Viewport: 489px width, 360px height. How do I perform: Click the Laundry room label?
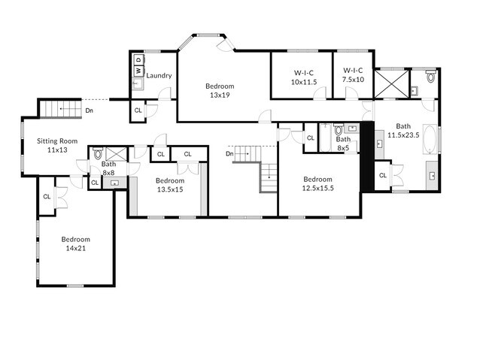coord(159,75)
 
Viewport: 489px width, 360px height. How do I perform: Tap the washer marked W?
coord(138,71)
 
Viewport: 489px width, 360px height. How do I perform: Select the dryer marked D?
coord(138,59)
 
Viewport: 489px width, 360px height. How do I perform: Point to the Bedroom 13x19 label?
coord(220,91)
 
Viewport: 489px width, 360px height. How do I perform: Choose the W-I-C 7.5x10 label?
coord(353,76)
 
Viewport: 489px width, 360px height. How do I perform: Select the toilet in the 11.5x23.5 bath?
coord(431,76)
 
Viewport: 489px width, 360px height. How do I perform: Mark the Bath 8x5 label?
coord(343,144)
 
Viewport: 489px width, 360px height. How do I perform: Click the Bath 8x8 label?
coord(109,168)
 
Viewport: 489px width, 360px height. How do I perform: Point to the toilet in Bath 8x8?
coord(97,154)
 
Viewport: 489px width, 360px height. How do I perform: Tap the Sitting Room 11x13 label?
coord(57,145)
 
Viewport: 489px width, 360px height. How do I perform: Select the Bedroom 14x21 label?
coord(75,244)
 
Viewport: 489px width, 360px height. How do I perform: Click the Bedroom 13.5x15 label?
coord(170,185)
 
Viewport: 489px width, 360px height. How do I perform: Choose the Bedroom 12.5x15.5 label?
coord(317,183)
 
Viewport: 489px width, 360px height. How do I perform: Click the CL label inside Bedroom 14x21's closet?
coord(47,196)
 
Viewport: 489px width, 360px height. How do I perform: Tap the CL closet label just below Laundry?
coord(138,110)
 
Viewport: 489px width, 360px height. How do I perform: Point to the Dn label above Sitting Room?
coord(89,110)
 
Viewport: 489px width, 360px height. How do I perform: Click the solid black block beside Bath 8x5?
coord(367,156)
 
